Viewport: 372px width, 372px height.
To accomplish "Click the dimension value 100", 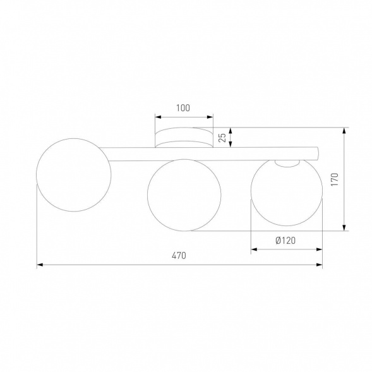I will point(183,108).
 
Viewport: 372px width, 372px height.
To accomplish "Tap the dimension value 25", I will point(222,137).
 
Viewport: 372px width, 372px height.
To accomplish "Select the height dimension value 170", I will point(335,180).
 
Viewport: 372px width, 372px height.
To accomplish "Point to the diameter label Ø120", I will point(286,241).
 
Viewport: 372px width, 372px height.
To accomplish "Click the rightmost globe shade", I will point(287,195).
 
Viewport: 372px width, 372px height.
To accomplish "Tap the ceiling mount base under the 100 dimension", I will point(184,138).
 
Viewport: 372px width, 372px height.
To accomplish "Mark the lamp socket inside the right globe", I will point(287,163).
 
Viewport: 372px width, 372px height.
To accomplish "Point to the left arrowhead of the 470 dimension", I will point(40,265).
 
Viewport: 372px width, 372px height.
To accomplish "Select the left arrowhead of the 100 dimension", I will point(158,117).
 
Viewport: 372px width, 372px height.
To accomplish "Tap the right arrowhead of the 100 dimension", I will point(210,117).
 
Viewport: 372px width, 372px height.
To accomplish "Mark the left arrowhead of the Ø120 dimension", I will point(255,249).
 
